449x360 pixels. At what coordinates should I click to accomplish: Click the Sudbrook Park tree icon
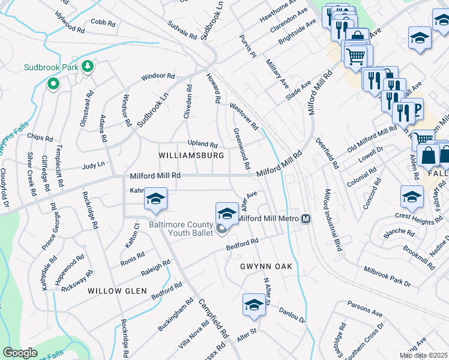(89, 66)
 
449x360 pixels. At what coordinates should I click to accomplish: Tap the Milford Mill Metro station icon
(306, 218)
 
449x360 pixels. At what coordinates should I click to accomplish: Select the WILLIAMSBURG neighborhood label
(191, 155)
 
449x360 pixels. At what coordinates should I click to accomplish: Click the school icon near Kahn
(155, 200)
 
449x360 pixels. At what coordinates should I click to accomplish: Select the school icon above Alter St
(254, 305)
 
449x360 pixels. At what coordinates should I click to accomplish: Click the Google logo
(20, 353)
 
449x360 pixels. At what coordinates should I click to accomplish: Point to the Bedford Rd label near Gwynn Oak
(243, 244)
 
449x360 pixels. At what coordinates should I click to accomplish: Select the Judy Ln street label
(93, 164)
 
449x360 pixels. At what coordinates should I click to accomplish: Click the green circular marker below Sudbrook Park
(53, 84)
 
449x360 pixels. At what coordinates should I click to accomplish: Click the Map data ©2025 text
(423, 355)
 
